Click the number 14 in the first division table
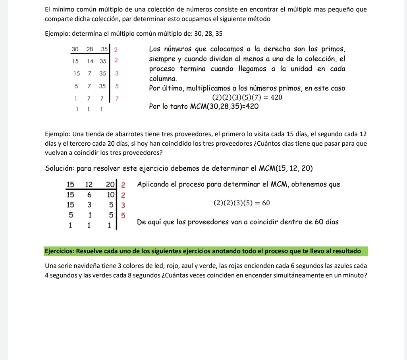pos(90,62)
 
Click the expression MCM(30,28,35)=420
pos(224,106)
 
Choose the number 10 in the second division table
pos(110,194)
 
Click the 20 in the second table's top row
pos(111,185)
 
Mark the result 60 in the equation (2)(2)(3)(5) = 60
pos(266,204)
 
